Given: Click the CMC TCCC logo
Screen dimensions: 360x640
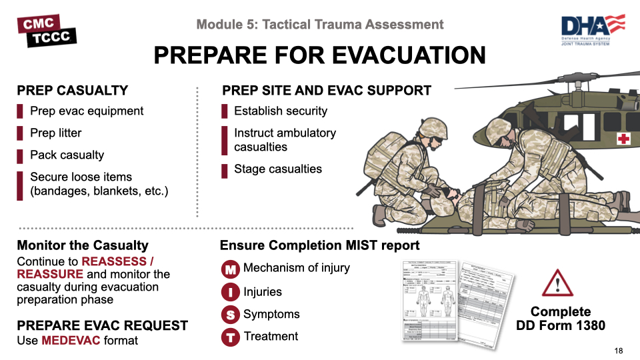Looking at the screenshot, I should click(47, 31).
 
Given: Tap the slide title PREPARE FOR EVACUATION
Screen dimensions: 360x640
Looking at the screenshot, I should click(319, 55).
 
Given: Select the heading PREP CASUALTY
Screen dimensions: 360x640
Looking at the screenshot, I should click(72, 91).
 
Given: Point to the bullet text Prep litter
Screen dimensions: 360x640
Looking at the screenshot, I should click(56, 133).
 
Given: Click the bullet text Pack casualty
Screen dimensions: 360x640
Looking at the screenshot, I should click(67, 155).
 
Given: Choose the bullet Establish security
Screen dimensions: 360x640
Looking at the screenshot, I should click(281, 111).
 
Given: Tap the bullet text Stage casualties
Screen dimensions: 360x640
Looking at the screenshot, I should click(278, 169).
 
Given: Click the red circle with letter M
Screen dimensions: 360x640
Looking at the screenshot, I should click(230, 270).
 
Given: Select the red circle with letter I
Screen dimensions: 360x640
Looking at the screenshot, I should click(230, 293).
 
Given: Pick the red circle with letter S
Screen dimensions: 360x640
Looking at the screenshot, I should click(230, 315).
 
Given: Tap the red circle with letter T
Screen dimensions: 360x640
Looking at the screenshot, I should click(230, 337).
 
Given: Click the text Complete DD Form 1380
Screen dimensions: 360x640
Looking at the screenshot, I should click(561, 319).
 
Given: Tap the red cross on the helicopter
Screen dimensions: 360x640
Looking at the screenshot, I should click(623, 139).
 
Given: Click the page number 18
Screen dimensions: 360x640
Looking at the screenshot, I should click(618, 351).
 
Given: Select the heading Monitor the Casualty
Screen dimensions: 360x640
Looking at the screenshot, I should click(83, 245).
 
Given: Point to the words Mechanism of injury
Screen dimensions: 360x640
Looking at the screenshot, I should click(297, 268).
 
